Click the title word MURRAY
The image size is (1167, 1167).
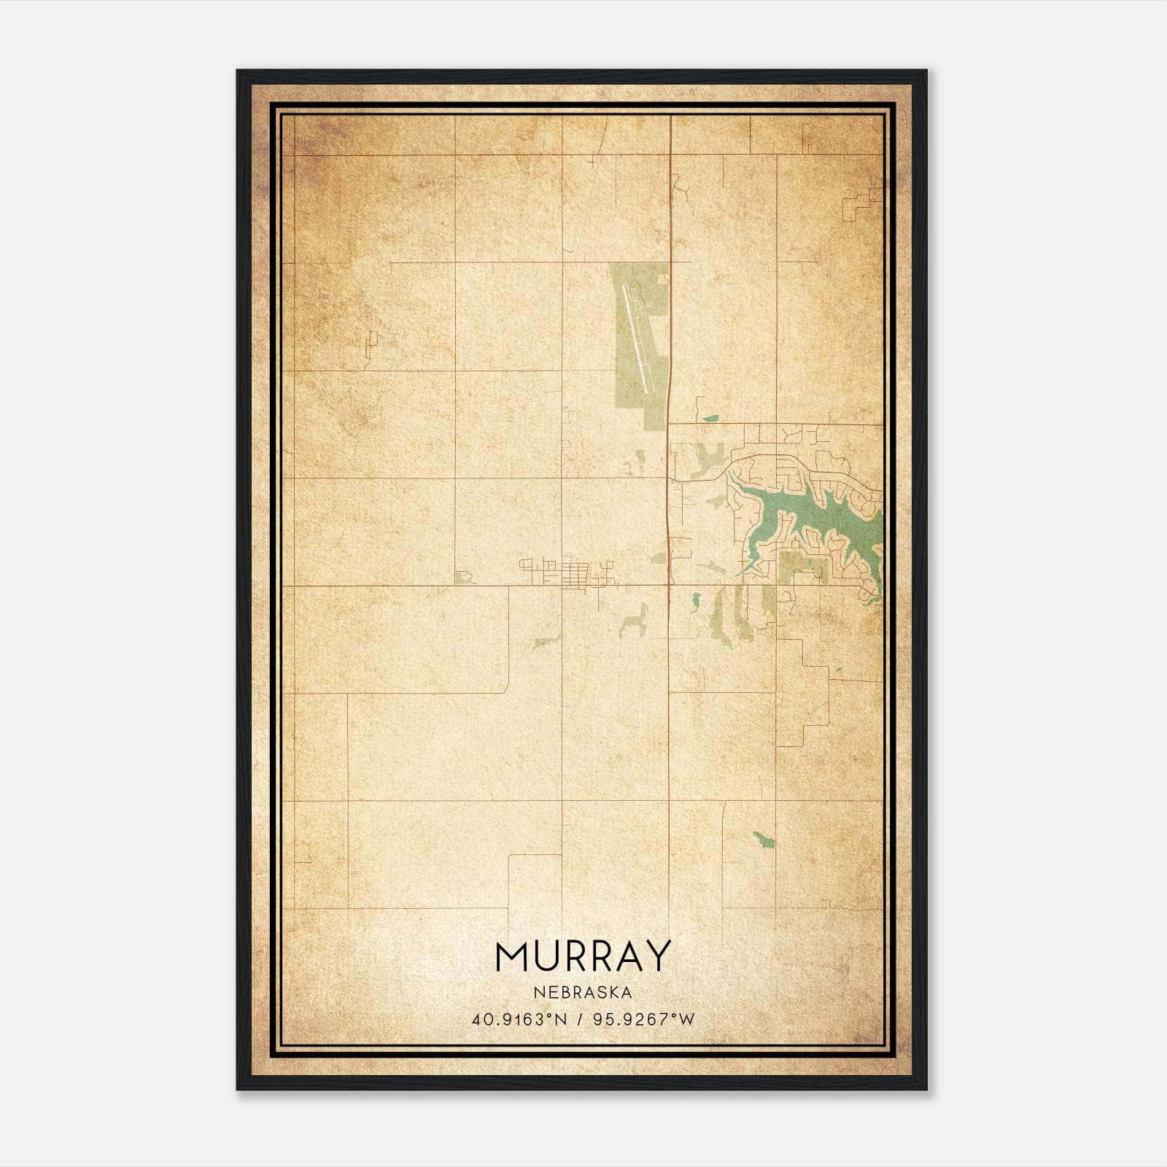pos(582,957)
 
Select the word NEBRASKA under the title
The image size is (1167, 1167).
pos(582,992)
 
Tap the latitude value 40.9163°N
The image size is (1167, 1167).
pos(519,1019)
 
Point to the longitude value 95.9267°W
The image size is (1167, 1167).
pos(646,1019)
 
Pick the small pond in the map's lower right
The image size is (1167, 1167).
pos(763,840)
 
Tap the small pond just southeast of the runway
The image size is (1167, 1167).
pos(710,419)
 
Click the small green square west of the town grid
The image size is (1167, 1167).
pos(460,578)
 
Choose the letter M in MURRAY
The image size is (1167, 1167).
pos(511,957)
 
